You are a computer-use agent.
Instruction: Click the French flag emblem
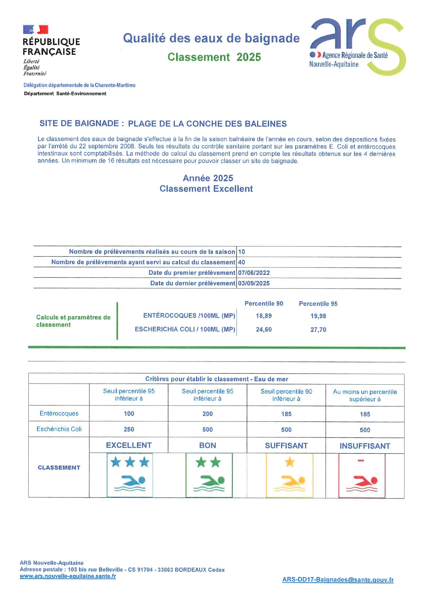click(x=35, y=29)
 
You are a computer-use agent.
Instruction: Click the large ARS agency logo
click(x=357, y=46)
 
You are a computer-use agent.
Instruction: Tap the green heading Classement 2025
click(x=214, y=57)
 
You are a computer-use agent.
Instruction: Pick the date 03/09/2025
click(x=254, y=283)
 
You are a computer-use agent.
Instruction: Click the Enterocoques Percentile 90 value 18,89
click(x=263, y=316)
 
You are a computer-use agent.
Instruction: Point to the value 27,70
click(x=318, y=330)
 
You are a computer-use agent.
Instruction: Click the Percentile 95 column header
click(x=318, y=304)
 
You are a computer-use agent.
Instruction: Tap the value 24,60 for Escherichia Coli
click(x=263, y=330)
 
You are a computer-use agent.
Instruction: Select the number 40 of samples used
click(x=241, y=262)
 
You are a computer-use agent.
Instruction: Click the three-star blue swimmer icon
click(x=130, y=475)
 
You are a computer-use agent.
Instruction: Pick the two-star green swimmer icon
click(x=209, y=475)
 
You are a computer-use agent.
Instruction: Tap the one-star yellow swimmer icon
click(x=289, y=475)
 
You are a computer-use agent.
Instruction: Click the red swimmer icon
click(x=362, y=475)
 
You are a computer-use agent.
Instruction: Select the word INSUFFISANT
click(x=365, y=446)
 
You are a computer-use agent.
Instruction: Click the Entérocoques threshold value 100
click(x=129, y=414)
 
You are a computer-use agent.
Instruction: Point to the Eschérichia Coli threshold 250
click(x=129, y=430)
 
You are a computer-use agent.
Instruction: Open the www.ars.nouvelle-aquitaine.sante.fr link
click(x=68, y=576)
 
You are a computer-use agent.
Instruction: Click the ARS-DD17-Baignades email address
click(x=338, y=580)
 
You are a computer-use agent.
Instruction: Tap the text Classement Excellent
click(x=206, y=189)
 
